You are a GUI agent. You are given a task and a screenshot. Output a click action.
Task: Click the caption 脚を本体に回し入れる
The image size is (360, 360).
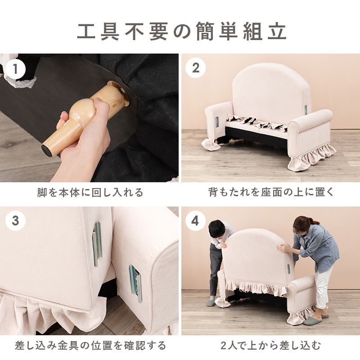click(90, 193)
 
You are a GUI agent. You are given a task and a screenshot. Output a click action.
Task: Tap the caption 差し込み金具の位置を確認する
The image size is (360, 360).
click(90, 346)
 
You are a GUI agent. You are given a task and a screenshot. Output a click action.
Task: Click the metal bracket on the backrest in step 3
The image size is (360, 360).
click(97, 243)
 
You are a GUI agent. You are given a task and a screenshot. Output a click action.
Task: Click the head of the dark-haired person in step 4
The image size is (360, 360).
click(217, 229)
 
